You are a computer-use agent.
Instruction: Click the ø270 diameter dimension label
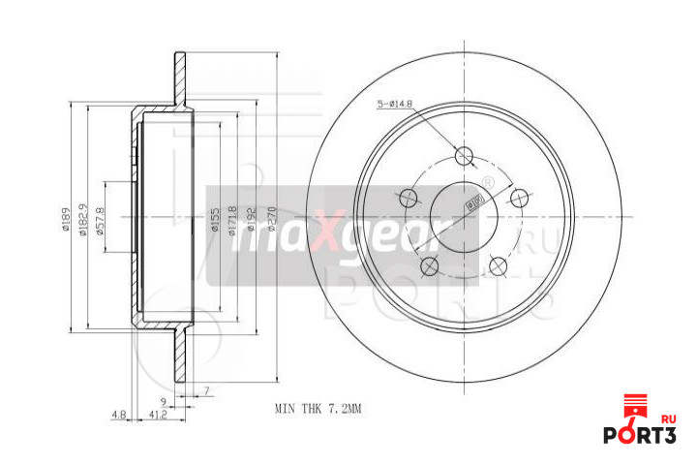pyautogui.click(x=272, y=224)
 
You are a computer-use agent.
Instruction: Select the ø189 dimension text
pyautogui.click(x=66, y=219)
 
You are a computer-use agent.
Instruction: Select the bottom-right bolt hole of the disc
pyautogui.click(x=499, y=264)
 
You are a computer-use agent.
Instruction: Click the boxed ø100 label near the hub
pyautogui.click(x=475, y=200)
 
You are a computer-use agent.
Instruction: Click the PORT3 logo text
pyautogui.click(x=639, y=435)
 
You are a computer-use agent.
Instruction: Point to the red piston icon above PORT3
pyautogui.click(x=634, y=408)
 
